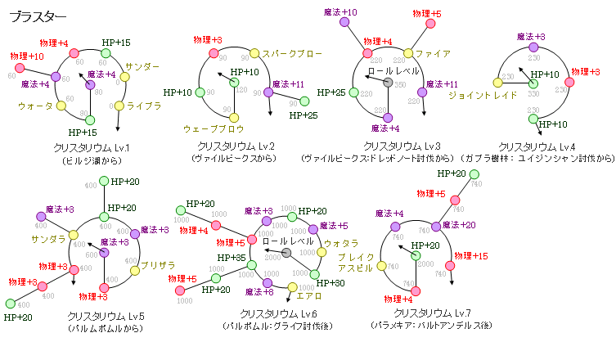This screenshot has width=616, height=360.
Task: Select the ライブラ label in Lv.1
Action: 146,106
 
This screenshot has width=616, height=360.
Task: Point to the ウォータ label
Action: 35,106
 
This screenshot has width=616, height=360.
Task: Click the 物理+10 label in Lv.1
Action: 27,56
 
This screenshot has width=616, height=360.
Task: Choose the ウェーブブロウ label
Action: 214,128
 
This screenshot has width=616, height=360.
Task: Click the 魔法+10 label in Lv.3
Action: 339,12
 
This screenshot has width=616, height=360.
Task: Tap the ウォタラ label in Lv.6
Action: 342,243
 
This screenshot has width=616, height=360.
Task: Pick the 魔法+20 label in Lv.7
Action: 461,225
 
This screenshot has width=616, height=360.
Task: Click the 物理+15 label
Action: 471,256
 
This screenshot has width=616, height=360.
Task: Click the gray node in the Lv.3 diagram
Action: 388,84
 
